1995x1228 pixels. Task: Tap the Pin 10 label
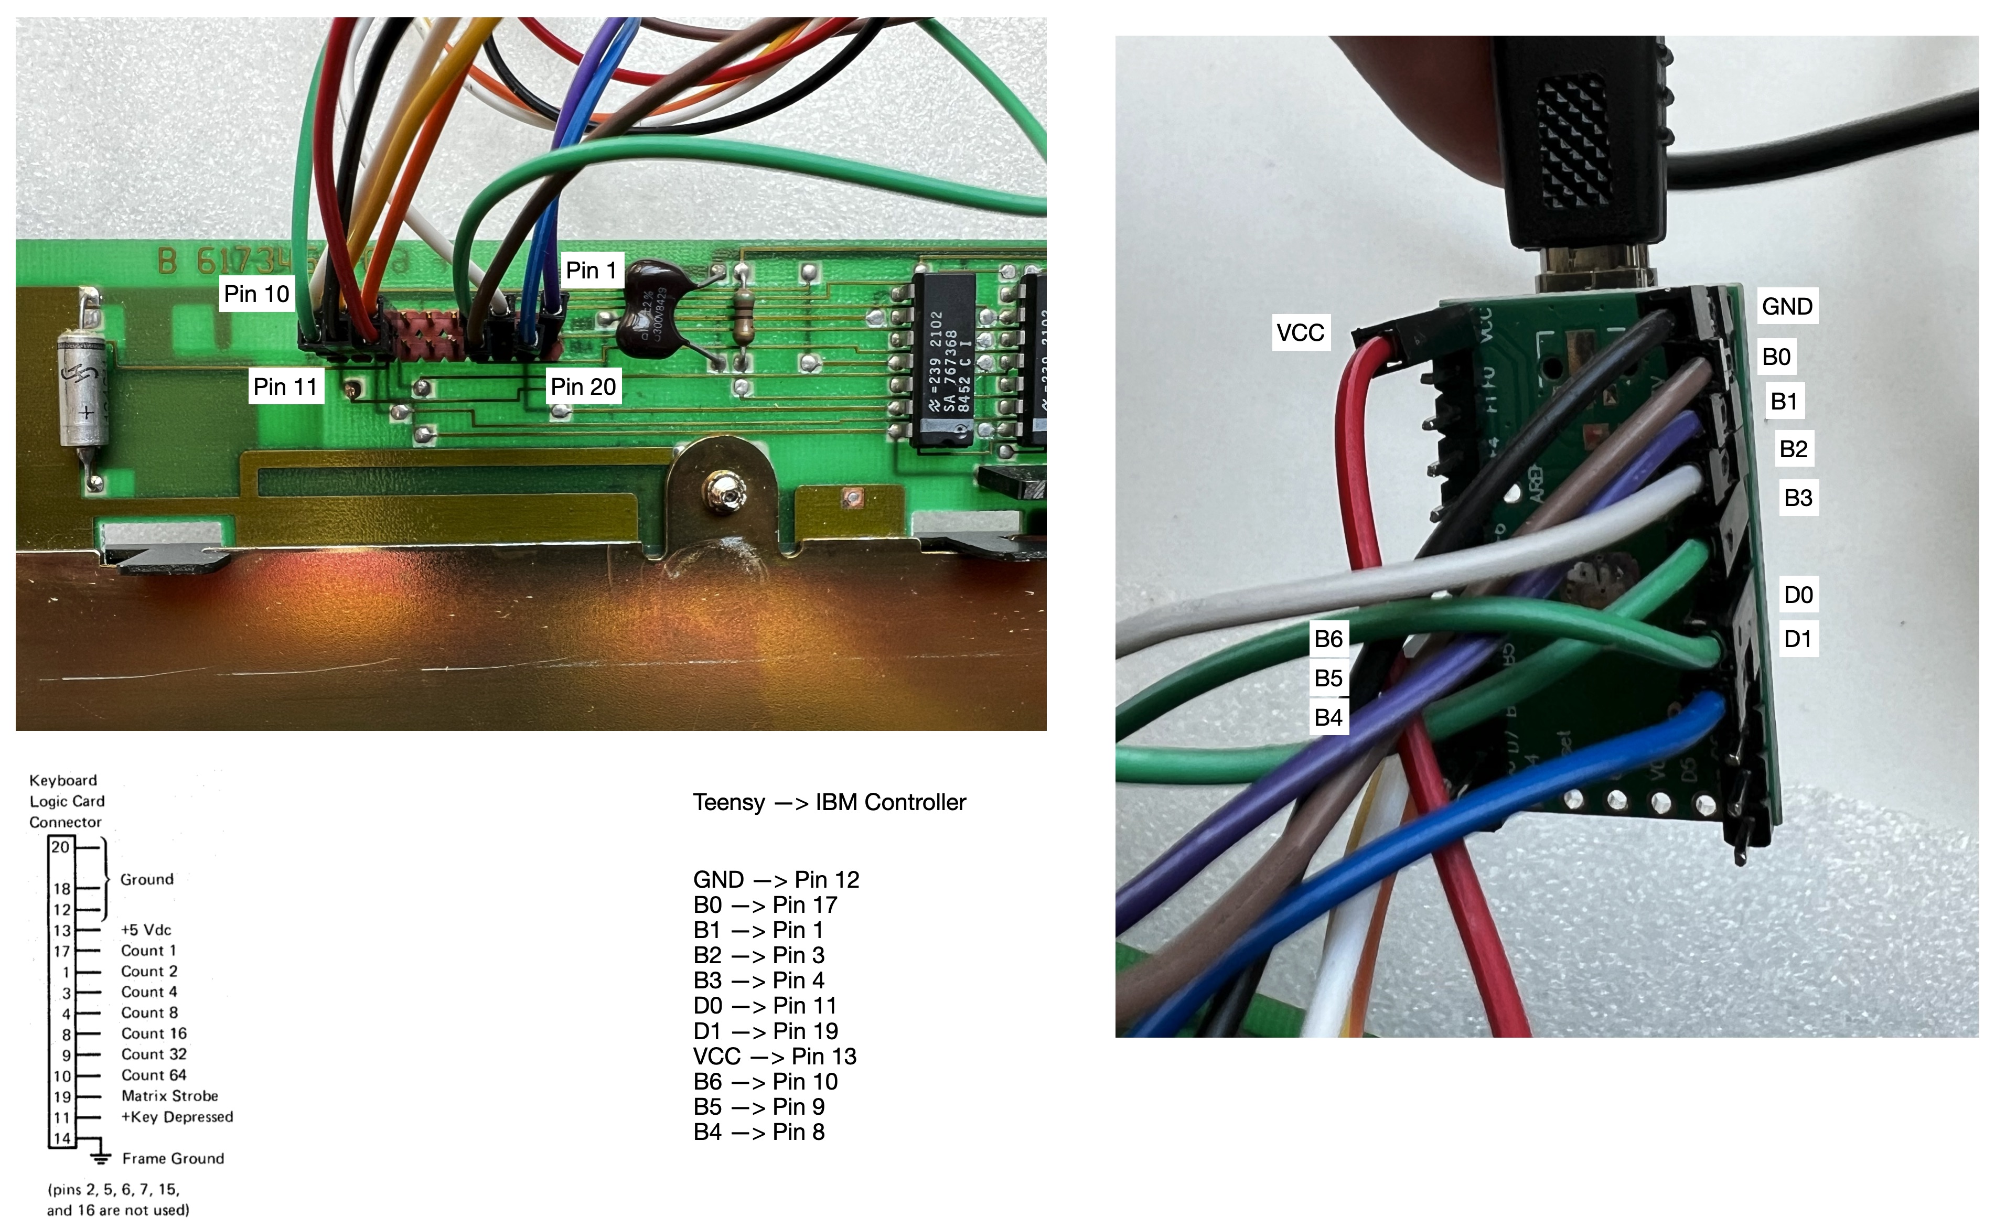coord(256,294)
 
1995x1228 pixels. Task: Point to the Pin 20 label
coord(583,386)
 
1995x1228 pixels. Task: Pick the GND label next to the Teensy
coord(1786,306)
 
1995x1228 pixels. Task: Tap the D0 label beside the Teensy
coord(1798,595)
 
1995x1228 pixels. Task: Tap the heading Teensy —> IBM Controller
coord(829,802)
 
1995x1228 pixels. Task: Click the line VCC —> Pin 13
coord(774,1057)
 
